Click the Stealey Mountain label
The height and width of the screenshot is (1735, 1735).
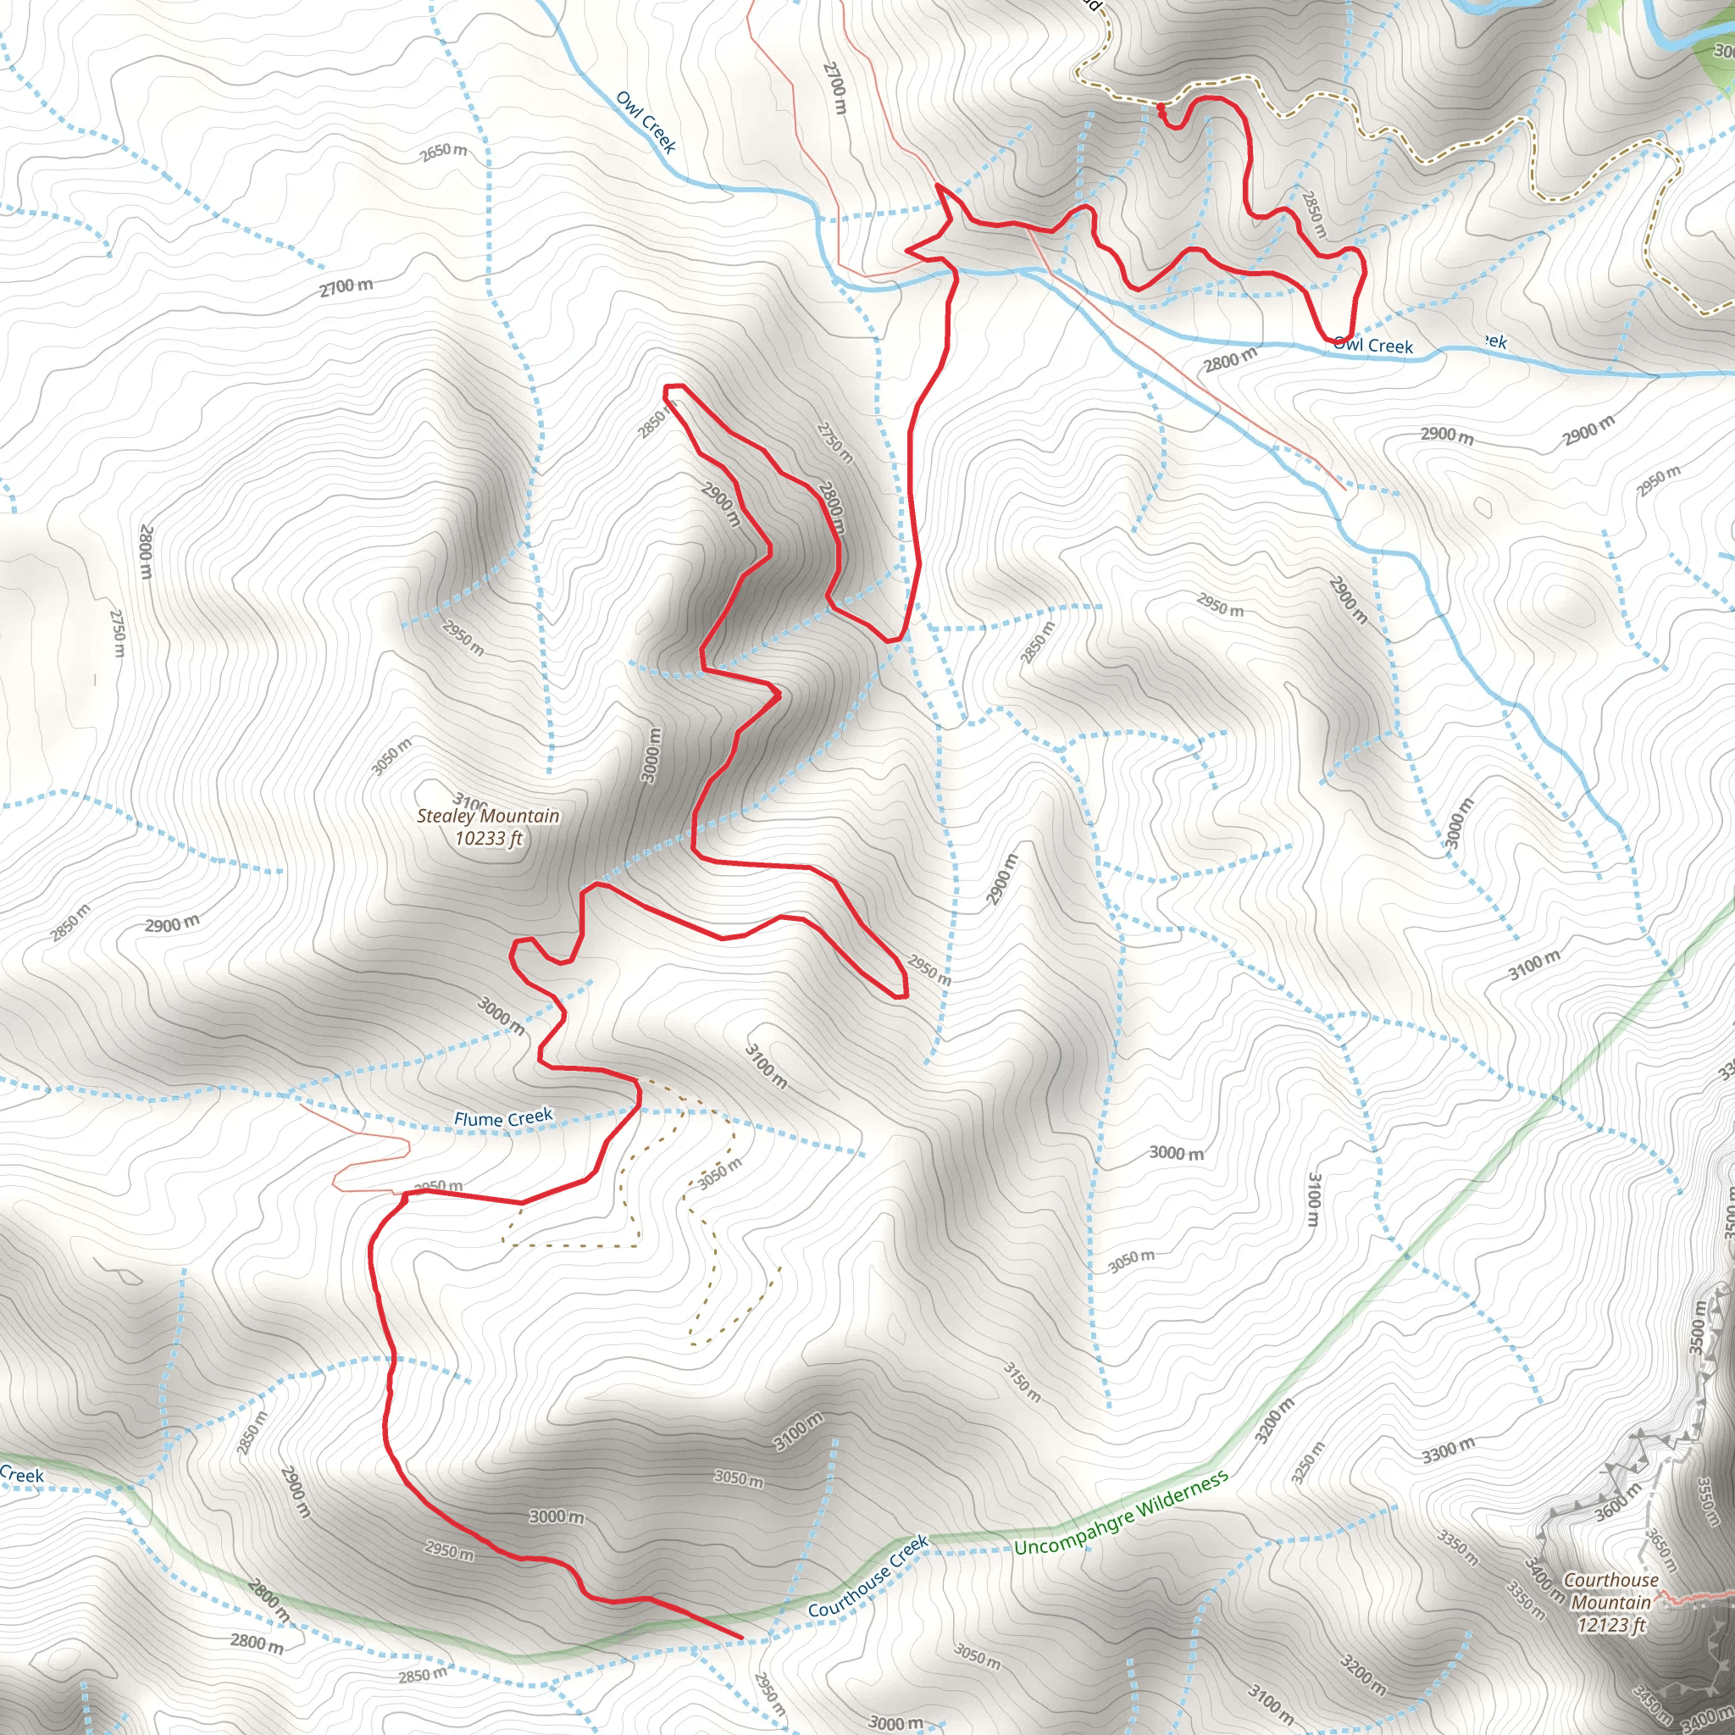(x=488, y=816)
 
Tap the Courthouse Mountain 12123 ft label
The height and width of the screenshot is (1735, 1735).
(x=1611, y=1602)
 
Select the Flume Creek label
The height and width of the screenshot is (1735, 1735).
(x=503, y=1118)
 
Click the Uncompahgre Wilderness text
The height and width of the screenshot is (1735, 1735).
(x=1121, y=1513)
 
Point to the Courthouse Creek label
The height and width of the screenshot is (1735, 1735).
(x=867, y=1577)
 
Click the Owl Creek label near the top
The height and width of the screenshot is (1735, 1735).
(x=646, y=122)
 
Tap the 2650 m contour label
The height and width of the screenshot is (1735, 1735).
(x=444, y=152)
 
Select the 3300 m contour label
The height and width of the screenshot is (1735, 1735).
(x=1448, y=1450)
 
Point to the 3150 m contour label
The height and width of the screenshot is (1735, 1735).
(x=1022, y=1382)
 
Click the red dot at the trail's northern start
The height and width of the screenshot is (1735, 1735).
(x=1161, y=108)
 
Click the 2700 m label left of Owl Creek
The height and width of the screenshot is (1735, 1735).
(x=346, y=287)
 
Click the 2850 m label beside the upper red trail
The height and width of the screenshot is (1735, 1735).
(x=1313, y=213)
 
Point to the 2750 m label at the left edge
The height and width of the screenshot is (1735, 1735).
(x=118, y=632)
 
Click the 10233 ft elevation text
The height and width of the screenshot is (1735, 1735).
(x=489, y=839)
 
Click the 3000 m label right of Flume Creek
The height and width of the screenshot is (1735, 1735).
(x=1177, y=1152)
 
